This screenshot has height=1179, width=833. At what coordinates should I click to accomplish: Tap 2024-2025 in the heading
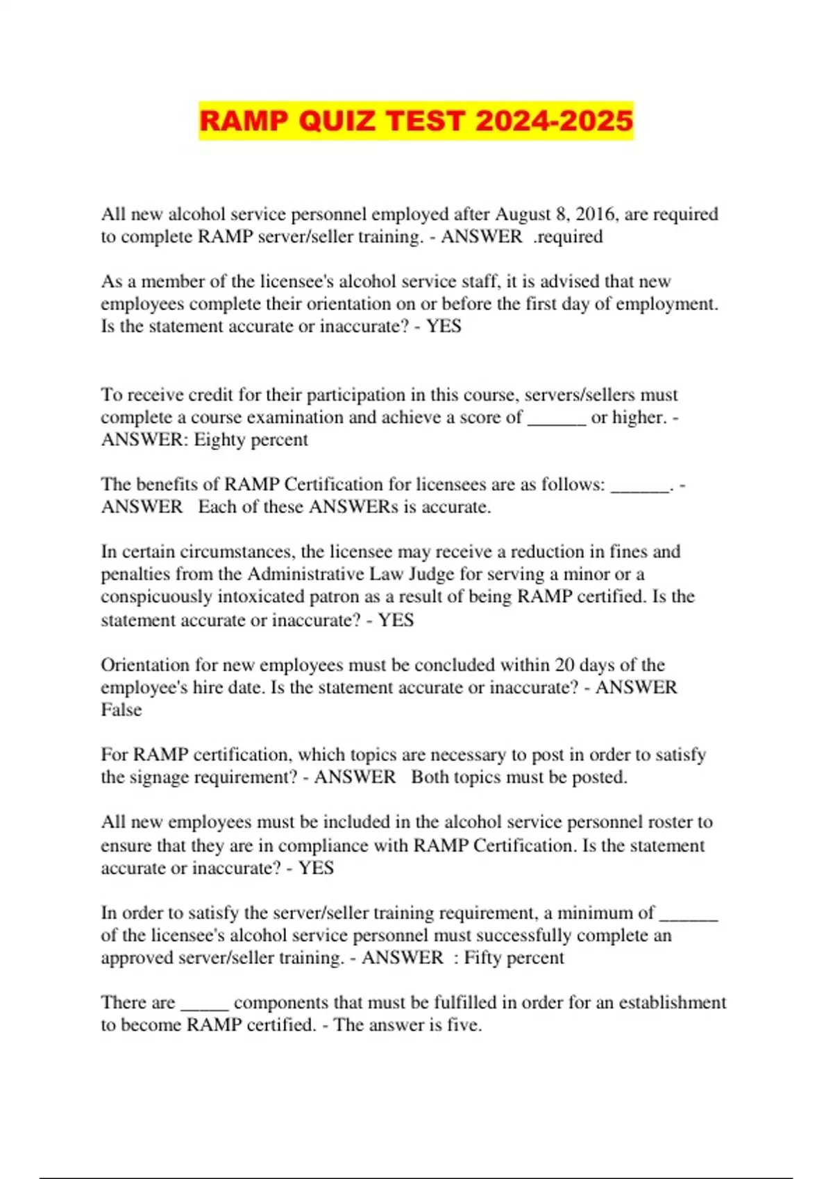(x=554, y=121)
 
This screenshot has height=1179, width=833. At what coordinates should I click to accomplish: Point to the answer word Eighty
(x=219, y=440)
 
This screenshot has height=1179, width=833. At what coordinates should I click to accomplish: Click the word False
(x=121, y=710)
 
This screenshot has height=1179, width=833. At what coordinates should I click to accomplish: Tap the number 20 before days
(x=564, y=665)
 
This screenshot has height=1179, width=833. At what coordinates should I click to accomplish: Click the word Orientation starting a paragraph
(x=144, y=665)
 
